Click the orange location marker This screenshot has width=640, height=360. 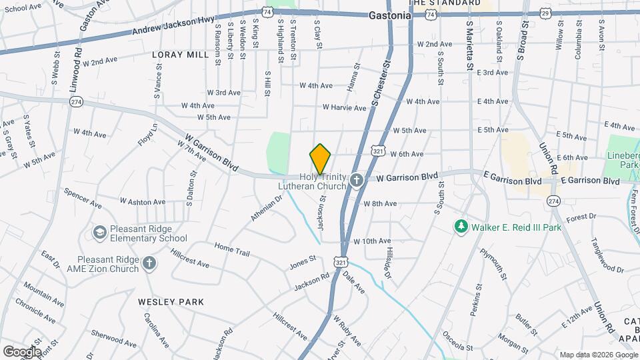point(320,159)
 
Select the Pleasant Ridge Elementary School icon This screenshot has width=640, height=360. point(100,232)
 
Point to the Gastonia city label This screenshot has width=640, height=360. point(389,15)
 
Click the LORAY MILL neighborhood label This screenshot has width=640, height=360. point(180,55)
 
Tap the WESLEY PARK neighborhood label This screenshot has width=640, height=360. point(171,302)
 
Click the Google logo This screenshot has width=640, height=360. point(21,351)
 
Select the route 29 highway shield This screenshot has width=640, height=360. point(546,13)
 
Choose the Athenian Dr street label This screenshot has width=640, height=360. point(267,210)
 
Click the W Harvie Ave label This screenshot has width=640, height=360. point(344,107)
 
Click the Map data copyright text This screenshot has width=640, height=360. point(597,354)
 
